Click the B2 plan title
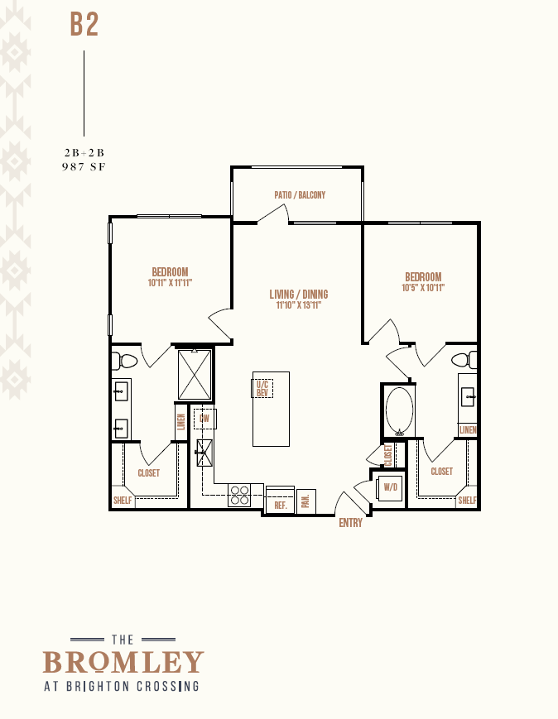click(x=84, y=24)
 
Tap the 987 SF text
click(x=84, y=167)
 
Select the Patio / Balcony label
click(x=300, y=195)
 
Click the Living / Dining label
click(x=299, y=294)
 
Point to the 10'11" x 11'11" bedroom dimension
click(x=170, y=283)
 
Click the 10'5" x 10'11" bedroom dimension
click(x=423, y=288)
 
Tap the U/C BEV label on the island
click(x=262, y=389)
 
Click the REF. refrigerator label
click(x=281, y=506)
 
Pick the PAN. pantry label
click(x=305, y=501)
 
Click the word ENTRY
click(x=350, y=523)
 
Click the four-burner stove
click(x=239, y=496)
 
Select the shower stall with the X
click(x=195, y=374)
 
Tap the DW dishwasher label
click(x=204, y=419)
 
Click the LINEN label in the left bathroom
click(x=181, y=422)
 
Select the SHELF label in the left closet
click(x=123, y=501)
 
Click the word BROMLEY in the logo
click(x=123, y=662)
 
